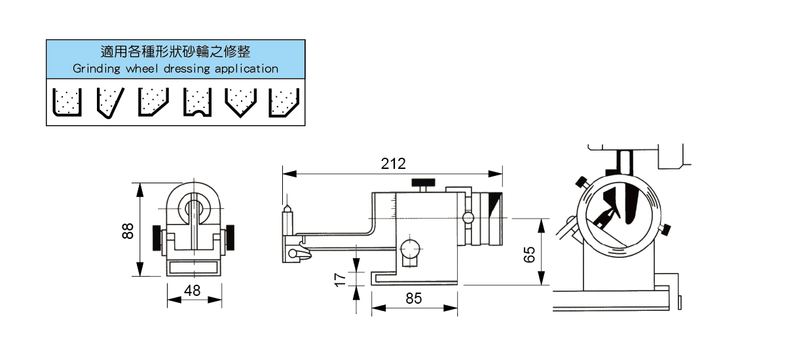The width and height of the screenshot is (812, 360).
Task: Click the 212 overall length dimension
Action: point(394,164)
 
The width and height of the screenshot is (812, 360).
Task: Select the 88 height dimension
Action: point(128,230)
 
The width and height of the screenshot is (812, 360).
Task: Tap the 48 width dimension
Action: point(192,291)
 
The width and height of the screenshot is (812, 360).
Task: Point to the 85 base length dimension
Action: point(414,298)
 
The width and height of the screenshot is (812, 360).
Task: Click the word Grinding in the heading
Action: point(96,69)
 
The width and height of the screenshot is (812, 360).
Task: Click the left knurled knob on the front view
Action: point(156,238)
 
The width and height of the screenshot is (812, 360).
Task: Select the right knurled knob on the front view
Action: point(232,238)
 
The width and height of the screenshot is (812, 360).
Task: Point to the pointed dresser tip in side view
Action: point(286,209)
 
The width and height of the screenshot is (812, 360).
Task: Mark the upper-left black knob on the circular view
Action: point(580,181)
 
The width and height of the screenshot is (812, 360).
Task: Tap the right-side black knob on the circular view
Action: point(666,229)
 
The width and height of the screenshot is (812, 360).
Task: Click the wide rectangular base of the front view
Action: point(193,268)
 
